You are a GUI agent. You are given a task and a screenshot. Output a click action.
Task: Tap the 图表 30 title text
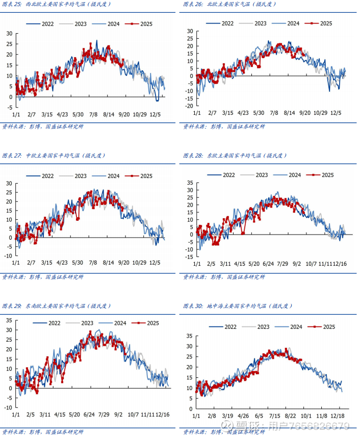pos(238,306)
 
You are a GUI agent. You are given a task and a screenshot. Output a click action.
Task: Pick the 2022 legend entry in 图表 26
pos(220,23)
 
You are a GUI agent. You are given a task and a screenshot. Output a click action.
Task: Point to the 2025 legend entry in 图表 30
pos(323,327)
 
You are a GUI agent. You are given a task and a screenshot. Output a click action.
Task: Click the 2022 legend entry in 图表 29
pos(49,323)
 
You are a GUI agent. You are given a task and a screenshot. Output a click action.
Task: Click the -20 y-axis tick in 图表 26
pos(189,106)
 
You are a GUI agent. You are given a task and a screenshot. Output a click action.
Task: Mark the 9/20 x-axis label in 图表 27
pos(123,263)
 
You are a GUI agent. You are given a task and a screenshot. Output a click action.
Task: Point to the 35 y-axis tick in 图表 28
pos(190,183)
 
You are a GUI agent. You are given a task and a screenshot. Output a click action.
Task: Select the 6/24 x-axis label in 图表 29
pos(90,415)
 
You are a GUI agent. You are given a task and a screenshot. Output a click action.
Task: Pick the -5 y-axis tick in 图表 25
pos(10,107)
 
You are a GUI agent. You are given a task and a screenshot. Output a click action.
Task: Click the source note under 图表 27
pos(43,277)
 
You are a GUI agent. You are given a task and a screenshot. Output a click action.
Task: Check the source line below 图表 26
pos(224,126)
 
